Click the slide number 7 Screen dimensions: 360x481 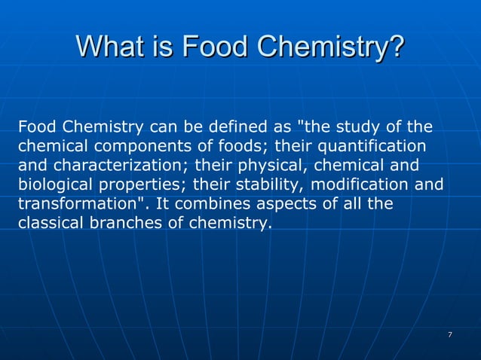[x=449, y=334]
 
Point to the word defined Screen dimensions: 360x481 [x=230, y=125]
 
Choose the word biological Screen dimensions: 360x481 [x=53, y=184]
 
